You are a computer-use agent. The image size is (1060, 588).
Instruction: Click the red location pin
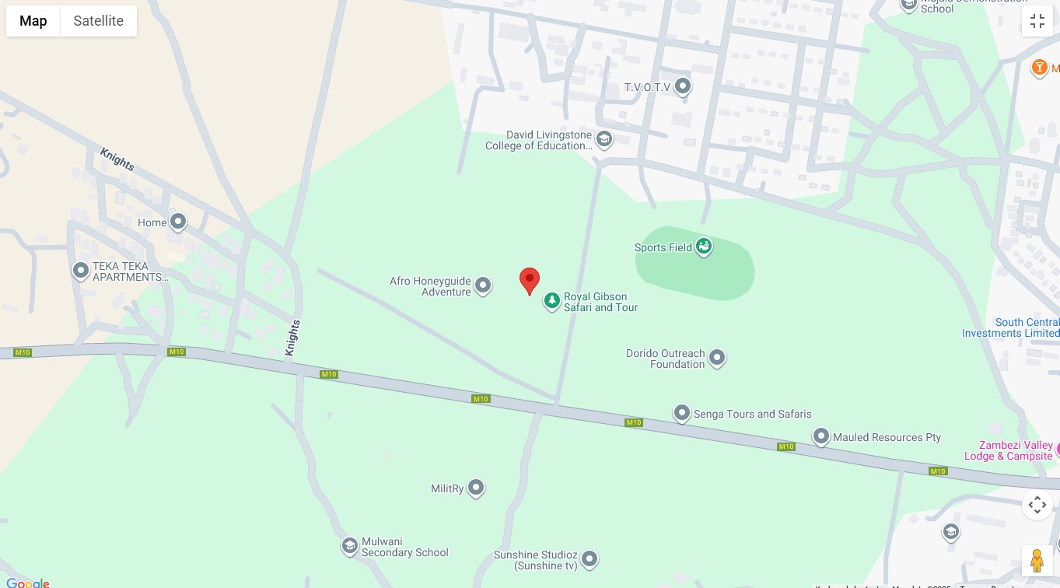click(530, 280)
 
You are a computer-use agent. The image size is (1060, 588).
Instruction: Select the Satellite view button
click(98, 21)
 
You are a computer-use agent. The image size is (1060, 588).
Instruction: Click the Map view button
click(33, 21)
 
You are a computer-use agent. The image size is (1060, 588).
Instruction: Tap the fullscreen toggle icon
click(1037, 21)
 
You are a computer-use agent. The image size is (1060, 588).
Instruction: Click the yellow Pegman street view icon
click(1037, 560)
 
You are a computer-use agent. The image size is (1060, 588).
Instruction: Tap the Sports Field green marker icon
click(704, 247)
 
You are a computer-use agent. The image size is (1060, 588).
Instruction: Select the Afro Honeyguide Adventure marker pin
click(483, 286)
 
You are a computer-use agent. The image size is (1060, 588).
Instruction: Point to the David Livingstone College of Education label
click(538, 141)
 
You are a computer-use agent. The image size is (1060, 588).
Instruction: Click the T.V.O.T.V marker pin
click(683, 86)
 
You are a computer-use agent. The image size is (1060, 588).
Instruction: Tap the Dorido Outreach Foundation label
click(665, 359)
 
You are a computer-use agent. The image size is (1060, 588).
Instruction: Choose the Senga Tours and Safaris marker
click(682, 413)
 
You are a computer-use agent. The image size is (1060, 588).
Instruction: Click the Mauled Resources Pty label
click(887, 437)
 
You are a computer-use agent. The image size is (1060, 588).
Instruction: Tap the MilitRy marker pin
click(476, 488)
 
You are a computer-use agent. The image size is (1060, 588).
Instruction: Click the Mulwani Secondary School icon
click(350, 546)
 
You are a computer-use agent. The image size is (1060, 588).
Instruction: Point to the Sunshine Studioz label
click(536, 560)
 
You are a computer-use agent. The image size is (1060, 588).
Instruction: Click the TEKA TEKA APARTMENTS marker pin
click(81, 271)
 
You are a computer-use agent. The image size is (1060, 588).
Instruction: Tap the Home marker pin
click(178, 222)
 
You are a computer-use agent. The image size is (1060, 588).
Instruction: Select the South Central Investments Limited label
click(1011, 327)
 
